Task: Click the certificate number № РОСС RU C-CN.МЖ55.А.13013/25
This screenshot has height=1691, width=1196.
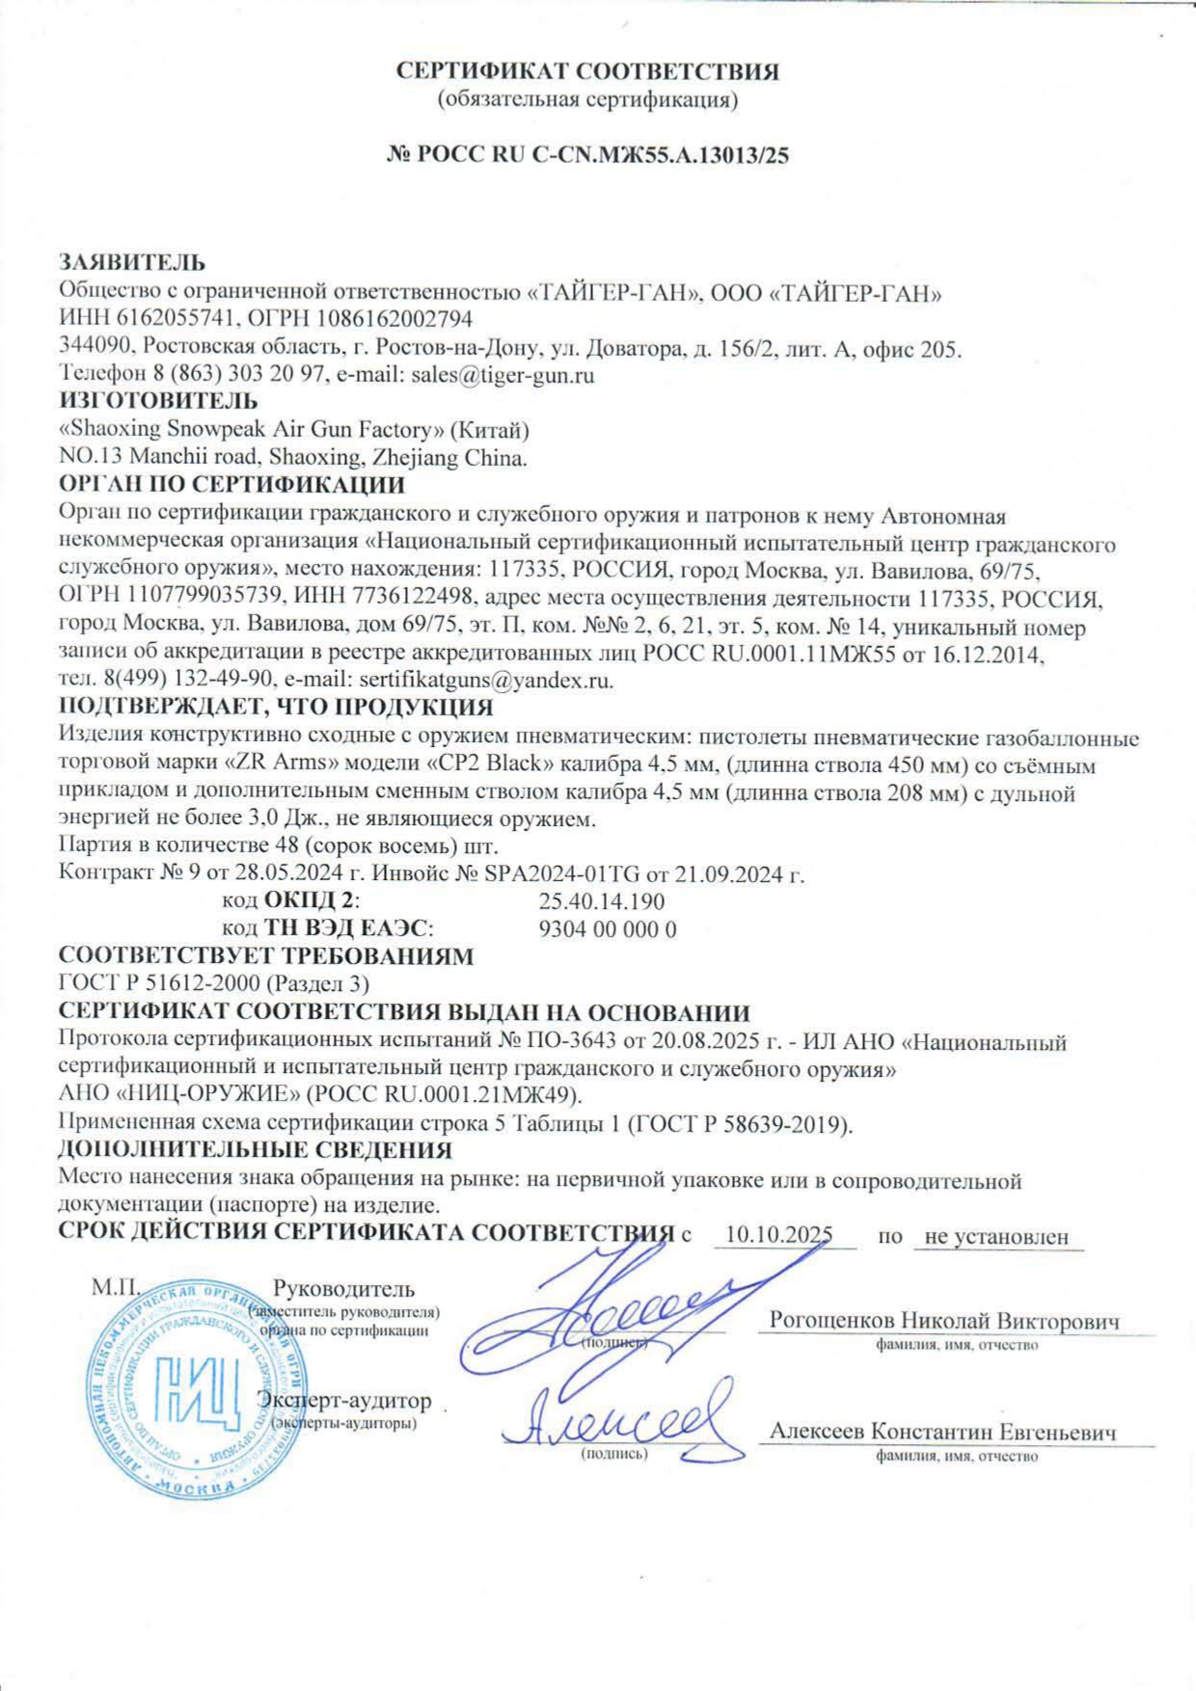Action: pyautogui.click(x=588, y=154)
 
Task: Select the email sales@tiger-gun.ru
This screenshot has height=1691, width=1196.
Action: pyautogui.click(x=503, y=375)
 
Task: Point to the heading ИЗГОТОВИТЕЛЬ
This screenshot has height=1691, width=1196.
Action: pyautogui.click(x=159, y=400)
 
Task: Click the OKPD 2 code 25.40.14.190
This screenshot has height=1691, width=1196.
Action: pyautogui.click(x=601, y=902)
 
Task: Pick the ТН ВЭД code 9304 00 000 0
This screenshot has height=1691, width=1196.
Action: pyautogui.click(x=607, y=929)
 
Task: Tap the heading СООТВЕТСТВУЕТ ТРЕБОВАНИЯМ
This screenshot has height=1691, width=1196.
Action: pyautogui.click(x=266, y=956)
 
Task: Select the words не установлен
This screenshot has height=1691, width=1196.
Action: pyautogui.click(x=996, y=1237)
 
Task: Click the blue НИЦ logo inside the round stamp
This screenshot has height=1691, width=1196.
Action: pyautogui.click(x=197, y=1393)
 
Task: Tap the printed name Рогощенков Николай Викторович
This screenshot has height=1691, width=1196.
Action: pyautogui.click(x=944, y=1321)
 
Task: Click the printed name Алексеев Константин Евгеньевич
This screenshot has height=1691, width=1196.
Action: pyautogui.click(x=942, y=1432)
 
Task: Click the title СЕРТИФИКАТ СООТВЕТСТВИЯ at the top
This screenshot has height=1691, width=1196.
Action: pyautogui.click(x=588, y=71)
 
